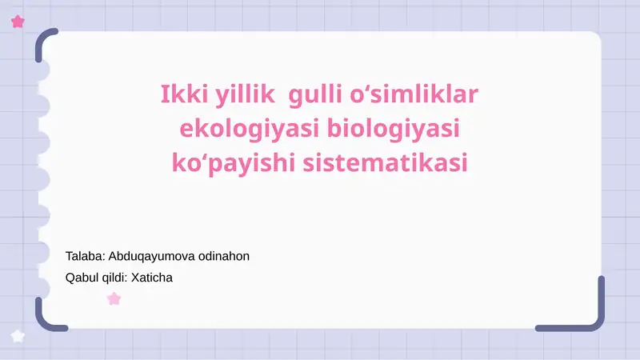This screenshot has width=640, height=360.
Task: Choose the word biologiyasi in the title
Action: (397, 129)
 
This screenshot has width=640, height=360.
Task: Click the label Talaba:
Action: (85, 257)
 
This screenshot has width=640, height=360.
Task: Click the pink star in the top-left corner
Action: (18, 22)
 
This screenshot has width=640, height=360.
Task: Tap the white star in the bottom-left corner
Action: (18, 336)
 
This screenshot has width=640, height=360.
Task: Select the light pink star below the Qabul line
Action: (114, 299)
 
